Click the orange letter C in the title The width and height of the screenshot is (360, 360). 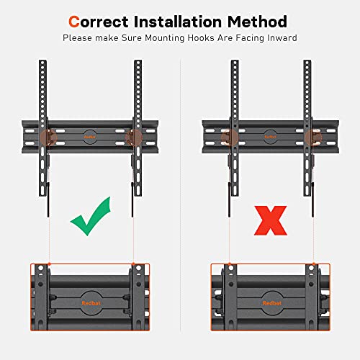click(x=74, y=22)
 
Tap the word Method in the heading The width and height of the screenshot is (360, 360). click(x=257, y=22)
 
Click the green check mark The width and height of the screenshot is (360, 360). click(x=91, y=216)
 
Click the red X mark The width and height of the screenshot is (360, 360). click(x=271, y=221)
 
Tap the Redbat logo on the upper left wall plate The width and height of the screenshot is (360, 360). click(x=90, y=137)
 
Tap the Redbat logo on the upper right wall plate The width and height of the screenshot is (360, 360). click(x=270, y=137)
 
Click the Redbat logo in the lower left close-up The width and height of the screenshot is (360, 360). click(x=91, y=303)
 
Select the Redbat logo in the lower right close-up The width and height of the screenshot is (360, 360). click(x=271, y=303)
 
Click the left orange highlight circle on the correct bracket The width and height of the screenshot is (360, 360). click(x=49, y=138)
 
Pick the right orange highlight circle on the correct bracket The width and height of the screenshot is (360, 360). click(x=134, y=138)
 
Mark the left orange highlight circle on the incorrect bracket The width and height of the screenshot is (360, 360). click(x=230, y=138)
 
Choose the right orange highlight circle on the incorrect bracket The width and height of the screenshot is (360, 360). click(x=313, y=138)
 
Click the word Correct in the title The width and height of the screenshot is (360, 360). click(x=99, y=22)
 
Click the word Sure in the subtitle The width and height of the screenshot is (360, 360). click(x=132, y=38)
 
